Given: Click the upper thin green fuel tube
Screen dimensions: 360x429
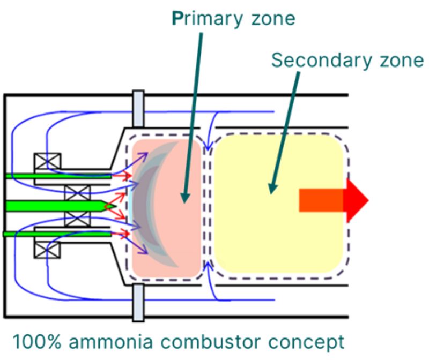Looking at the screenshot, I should tap(59, 176).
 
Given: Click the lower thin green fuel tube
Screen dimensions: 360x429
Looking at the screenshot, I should tap(59, 234).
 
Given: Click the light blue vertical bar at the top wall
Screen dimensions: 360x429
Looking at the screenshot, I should tap(138, 109).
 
